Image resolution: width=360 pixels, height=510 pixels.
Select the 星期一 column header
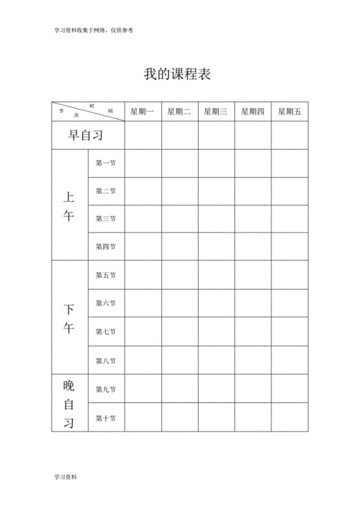click(x=143, y=112)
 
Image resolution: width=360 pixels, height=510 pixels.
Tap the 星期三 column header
click(x=216, y=112)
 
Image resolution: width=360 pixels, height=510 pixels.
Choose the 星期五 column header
click(x=289, y=112)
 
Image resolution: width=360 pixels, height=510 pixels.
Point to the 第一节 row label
click(x=106, y=163)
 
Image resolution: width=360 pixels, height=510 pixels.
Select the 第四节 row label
click(x=106, y=246)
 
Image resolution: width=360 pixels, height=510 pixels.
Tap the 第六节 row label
click(x=106, y=303)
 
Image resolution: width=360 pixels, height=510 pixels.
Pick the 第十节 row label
click(x=106, y=418)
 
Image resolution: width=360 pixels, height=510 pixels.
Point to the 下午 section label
click(x=69, y=318)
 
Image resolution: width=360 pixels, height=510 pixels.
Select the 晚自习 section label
click(x=69, y=403)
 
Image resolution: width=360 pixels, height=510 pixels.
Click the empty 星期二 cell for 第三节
click(x=179, y=218)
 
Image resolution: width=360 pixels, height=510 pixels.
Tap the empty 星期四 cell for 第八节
click(x=253, y=359)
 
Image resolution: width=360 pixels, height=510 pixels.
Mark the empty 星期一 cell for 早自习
click(x=143, y=135)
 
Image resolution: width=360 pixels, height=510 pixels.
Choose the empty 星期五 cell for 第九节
click(x=289, y=389)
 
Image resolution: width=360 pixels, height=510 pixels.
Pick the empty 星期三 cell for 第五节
click(x=216, y=274)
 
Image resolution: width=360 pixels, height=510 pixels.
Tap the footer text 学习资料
click(x=65, y=477)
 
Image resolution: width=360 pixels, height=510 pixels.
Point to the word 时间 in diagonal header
click(x=101, y=108)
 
